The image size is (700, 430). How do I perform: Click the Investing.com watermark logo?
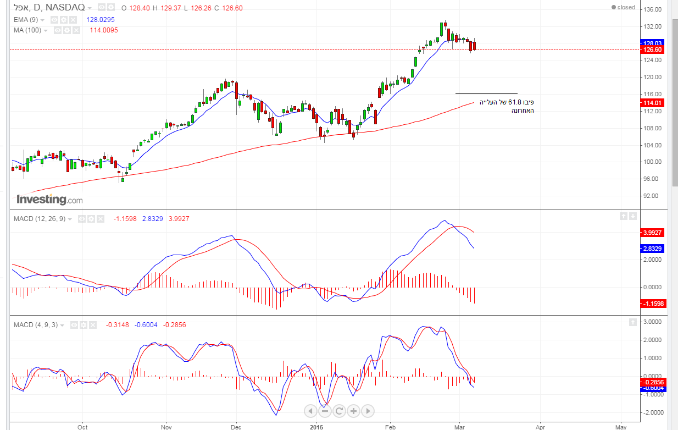[x=49, y=199]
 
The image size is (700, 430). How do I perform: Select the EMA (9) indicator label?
[x=26, y=19]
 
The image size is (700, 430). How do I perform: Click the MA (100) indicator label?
[x=27, y=30]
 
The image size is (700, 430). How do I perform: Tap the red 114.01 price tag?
[x=652, y=103]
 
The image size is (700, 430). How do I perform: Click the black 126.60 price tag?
[x=652, y=49]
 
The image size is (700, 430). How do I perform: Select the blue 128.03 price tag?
[x=652, y=42]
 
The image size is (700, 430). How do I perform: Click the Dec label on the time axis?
[x=236, y=427]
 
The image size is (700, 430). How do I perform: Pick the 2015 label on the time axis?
[x=316, y=427]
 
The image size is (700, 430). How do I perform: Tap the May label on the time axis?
[x=621, y=427]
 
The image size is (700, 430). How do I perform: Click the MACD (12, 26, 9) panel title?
[x=40, y=219]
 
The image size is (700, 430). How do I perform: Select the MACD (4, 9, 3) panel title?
[x=36, y=325]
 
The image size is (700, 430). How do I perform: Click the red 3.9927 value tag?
[x=653, y=233]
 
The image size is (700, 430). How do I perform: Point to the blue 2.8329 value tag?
[x=653, y=249]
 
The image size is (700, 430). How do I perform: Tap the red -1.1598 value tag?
[x=653, y=304]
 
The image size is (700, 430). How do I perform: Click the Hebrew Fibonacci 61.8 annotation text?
[x=506, y=106]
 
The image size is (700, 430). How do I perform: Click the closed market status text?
[x=626, y=7]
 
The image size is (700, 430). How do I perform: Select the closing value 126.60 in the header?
[x=231, y=8]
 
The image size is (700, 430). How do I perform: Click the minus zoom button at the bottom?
[x=325, y=411]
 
